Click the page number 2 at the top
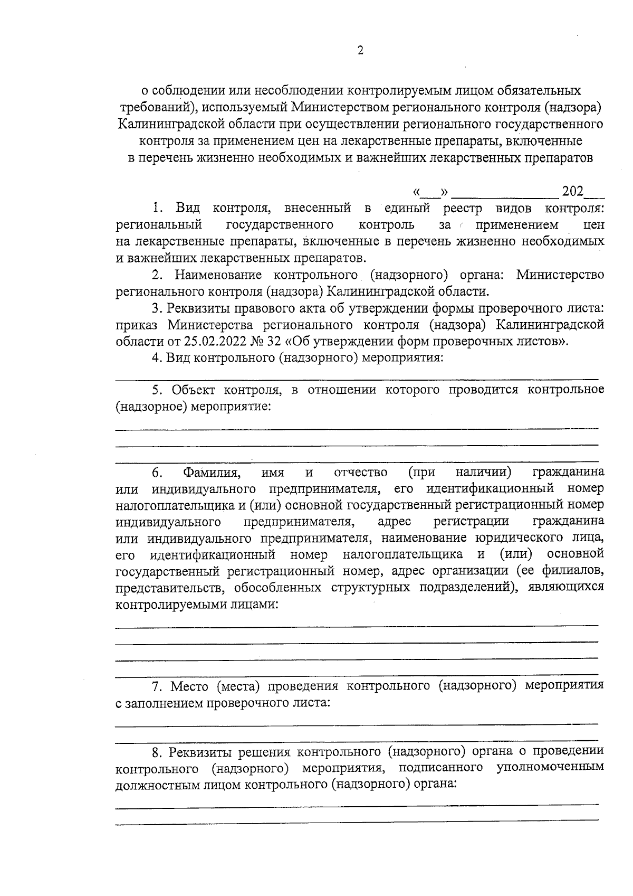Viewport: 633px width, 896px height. pos(360,51)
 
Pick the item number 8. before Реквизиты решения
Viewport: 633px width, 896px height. pos(156,751)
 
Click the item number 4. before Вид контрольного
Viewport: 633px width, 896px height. pos(156,358)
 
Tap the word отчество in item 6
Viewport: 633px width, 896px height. pos(361,471)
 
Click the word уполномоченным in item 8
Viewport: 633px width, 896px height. pos(550,768)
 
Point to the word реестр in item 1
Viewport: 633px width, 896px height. pos(463,208)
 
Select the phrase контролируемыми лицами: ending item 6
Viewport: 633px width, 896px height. pos(197,605)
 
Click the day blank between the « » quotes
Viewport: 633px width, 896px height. pos(430,191)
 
